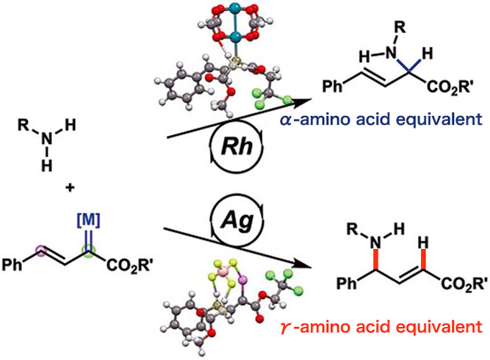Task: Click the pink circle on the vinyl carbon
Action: (x=42, y=254)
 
